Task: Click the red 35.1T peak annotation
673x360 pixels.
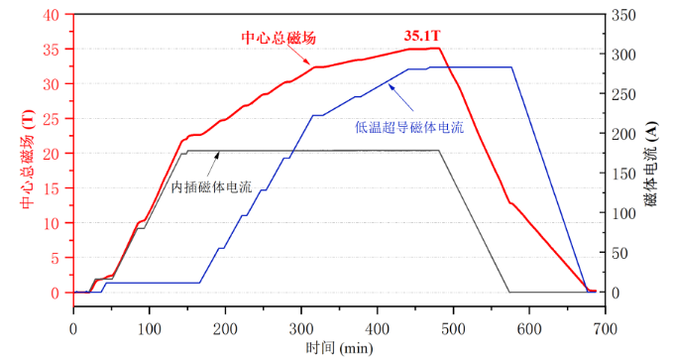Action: coord(421,37)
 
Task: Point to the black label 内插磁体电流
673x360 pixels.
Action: coord(211,186)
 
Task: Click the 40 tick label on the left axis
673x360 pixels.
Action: coord(53,14)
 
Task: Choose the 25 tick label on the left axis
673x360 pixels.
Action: coord(53,118)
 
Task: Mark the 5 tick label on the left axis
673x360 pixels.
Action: coord(56,258)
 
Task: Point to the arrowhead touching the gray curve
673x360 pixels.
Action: coord(218,154)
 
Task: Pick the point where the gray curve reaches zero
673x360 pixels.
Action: coord(509,293)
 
